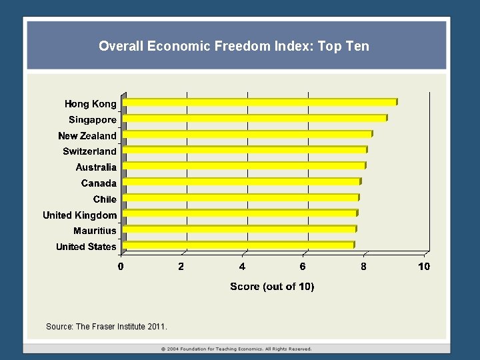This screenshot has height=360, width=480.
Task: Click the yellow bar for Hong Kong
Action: point(260,103)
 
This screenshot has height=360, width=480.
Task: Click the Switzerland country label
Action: point(89,151)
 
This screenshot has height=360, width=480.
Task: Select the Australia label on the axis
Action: point(96,167)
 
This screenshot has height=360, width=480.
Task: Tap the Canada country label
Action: point(99,183)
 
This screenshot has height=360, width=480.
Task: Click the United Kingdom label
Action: point(79,215)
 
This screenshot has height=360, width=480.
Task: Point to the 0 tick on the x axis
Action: point(121,267)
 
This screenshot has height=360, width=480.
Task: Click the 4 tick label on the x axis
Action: point(242,267)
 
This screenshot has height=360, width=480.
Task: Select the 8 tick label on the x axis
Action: point(363,267)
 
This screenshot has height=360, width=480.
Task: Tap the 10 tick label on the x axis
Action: point(424,267)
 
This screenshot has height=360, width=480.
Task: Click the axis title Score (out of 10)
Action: point(272,287)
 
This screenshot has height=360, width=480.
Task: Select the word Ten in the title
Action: point(357,47)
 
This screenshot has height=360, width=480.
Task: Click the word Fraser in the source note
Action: point(103,327)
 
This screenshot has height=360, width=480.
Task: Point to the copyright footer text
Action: point(237,349)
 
